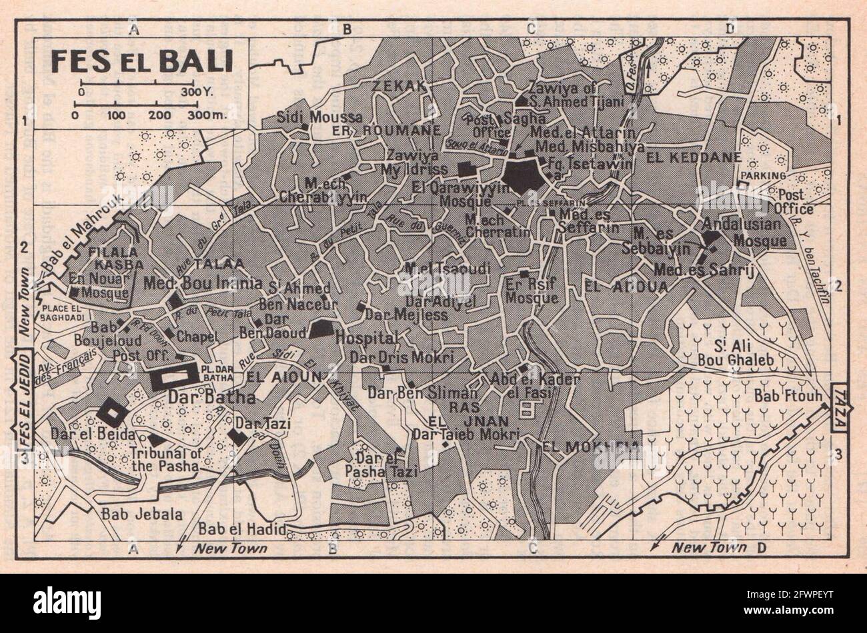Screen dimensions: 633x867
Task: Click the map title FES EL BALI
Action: (140, 62)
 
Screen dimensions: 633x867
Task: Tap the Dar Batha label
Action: (203, 398)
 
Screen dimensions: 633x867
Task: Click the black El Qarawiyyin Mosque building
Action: (523, 175)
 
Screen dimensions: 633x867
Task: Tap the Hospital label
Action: (366, 338)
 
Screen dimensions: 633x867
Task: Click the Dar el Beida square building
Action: (111, 414)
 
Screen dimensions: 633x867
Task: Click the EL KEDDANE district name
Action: (684, 158)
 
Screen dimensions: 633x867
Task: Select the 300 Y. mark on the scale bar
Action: (199, 91)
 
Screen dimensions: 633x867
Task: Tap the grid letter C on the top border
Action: (531, 29)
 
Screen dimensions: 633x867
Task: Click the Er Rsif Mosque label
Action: (531, 292)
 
